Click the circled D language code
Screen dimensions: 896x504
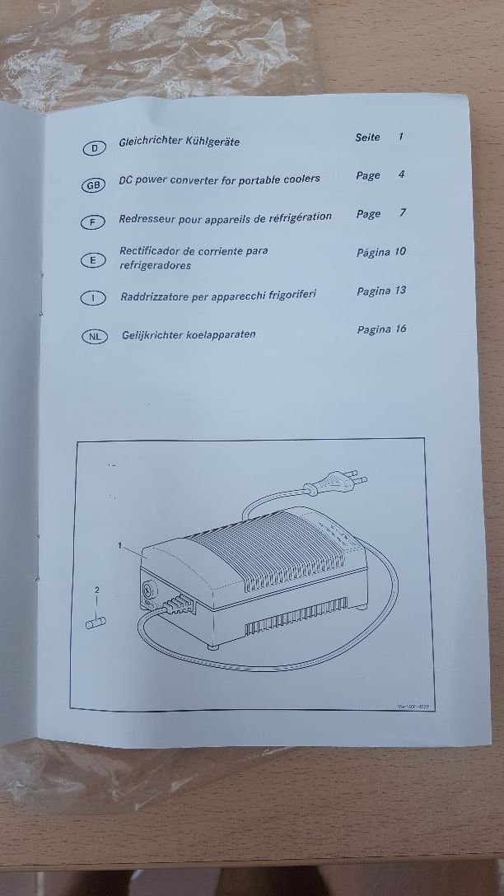[x=94, y=148]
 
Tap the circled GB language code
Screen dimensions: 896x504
[x=93, y=186]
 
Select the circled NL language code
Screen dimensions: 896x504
[x=94, y=336]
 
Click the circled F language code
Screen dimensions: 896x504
[x=93, y=222]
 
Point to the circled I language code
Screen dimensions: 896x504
[x=94, y=298]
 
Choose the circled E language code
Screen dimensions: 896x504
[x=93, y=260]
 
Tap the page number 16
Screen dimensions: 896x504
[x=399, y=329]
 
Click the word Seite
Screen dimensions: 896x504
[x=367, y=138]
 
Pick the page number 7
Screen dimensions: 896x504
[x=403, y=213]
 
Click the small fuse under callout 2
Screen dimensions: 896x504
[x=96, y=623]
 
